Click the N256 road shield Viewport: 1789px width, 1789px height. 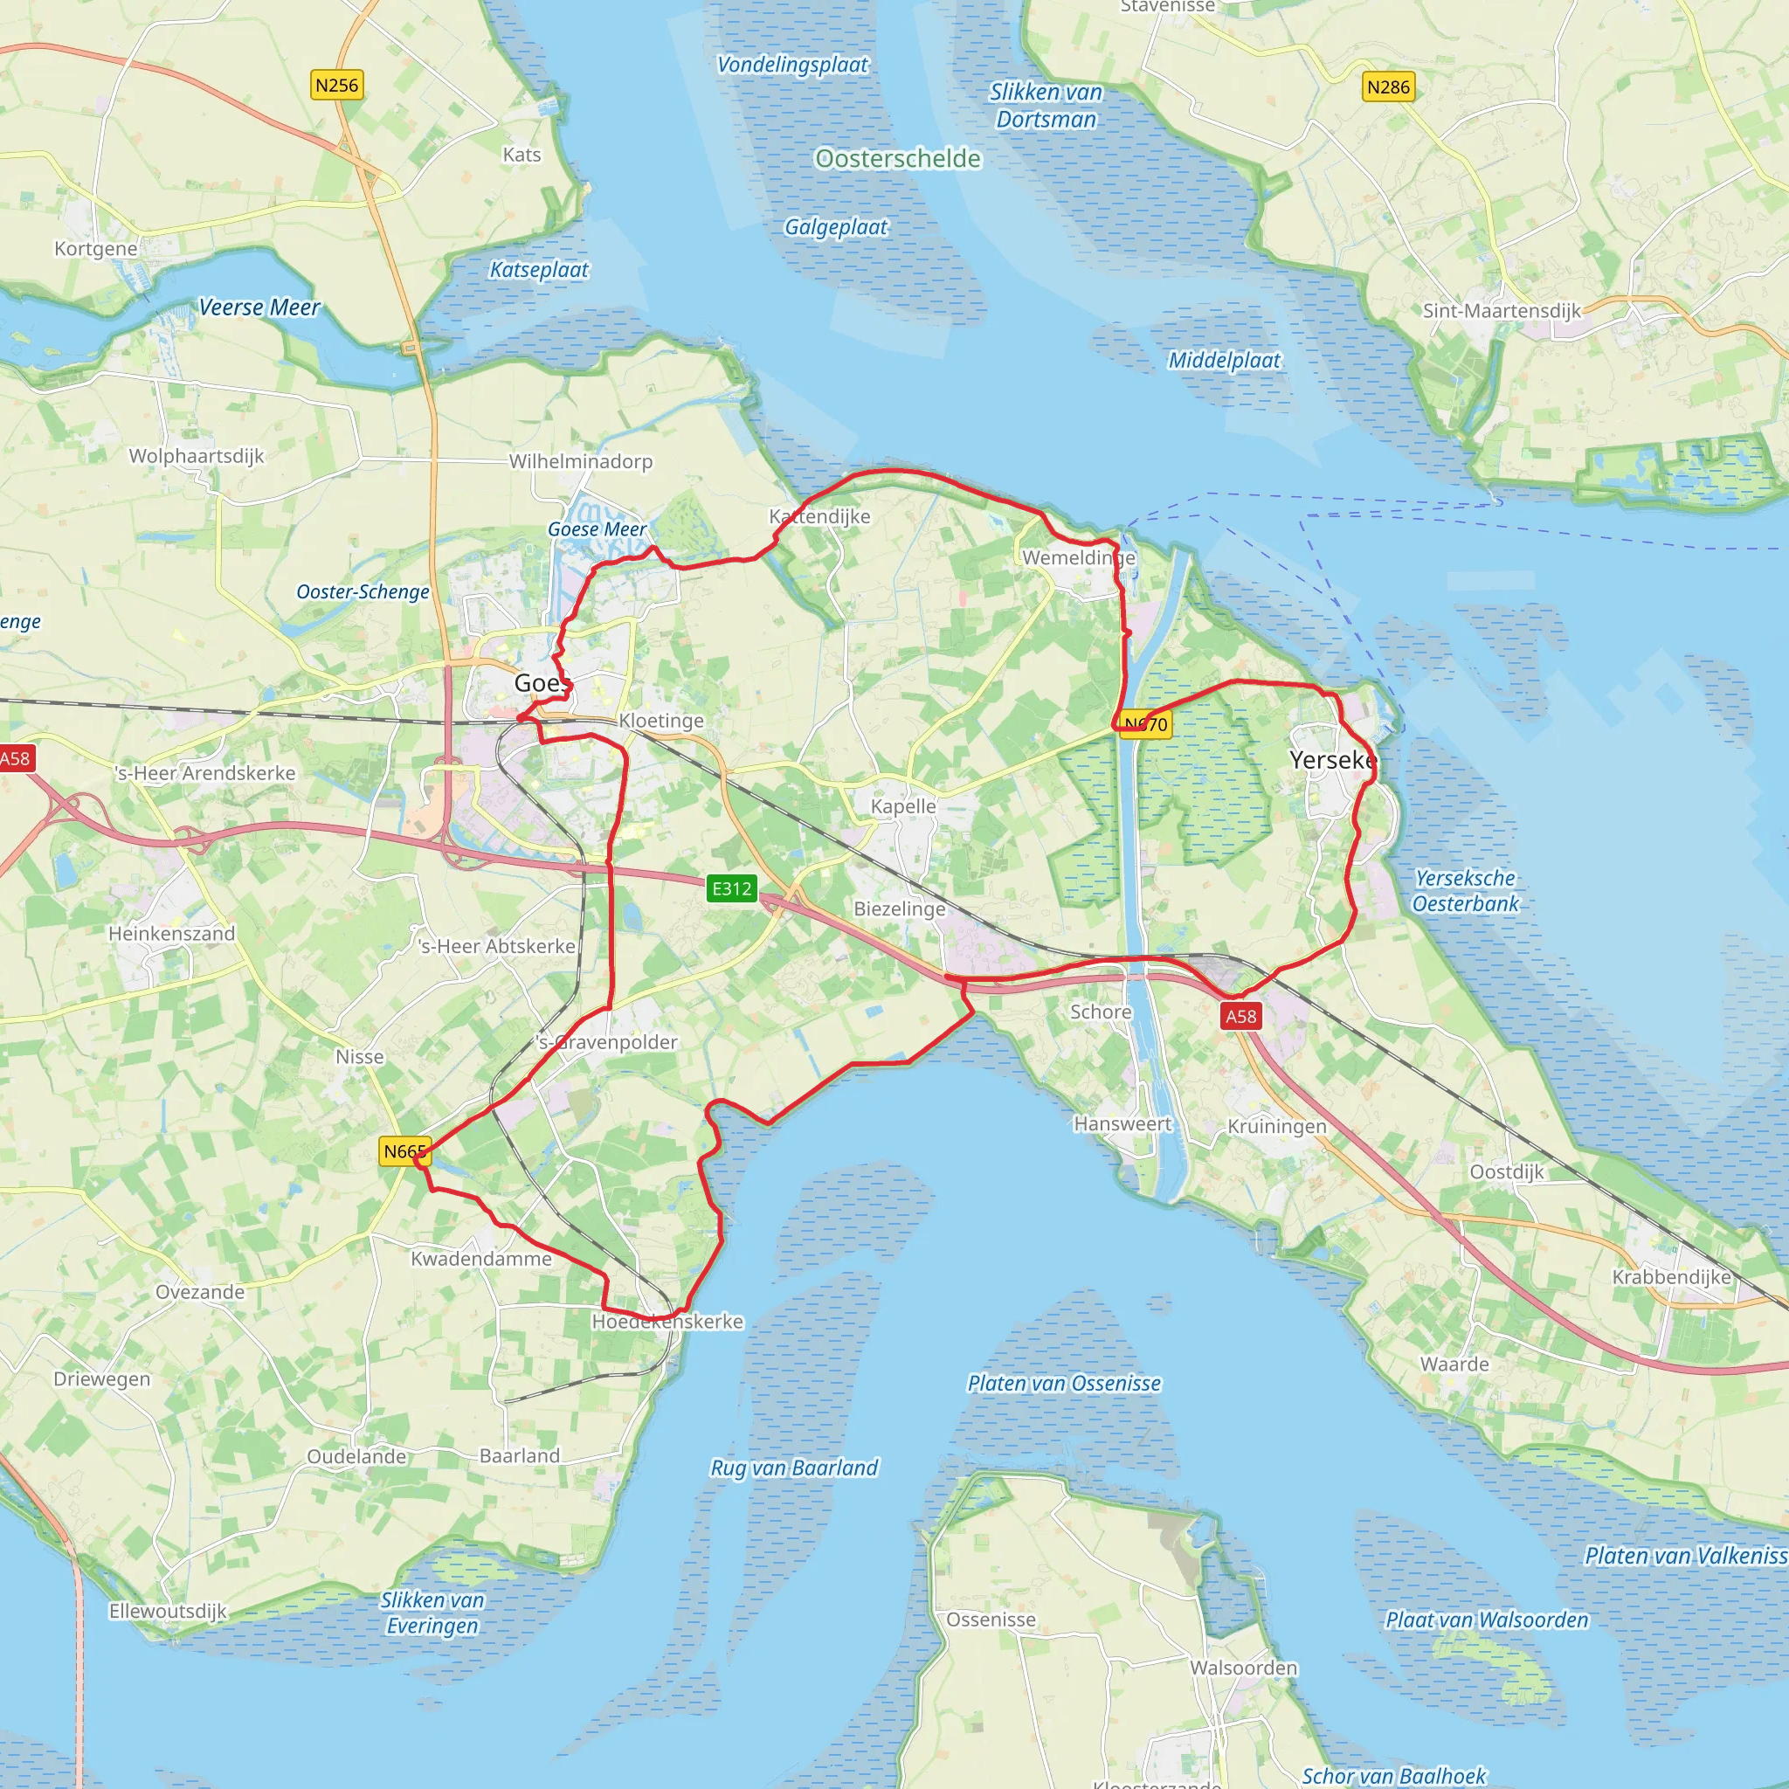tap(336, 86)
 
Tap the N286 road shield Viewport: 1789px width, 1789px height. tap(1388, 87)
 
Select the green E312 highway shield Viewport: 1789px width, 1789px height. tap(731, 889)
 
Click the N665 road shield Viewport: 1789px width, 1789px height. tap(404, 1151)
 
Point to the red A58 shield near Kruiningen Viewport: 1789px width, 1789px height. tap(1240, 1016)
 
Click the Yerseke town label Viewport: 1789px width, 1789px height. tap(1332, 760)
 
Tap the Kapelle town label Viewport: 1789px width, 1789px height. tap(903, 806)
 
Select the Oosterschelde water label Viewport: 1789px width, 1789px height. tap(897, 159)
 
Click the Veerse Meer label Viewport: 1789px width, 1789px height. tap(259, 307)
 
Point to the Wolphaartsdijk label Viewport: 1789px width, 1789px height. tap(197, 456)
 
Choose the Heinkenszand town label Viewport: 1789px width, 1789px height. tap(171, 934)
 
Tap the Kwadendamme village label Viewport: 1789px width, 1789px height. tap(480, 1259)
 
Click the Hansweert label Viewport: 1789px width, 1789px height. tap(1122, 1123)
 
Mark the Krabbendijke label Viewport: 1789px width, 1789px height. tap(1671, 1277)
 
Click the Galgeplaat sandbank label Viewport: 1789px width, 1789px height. tap(835, 228)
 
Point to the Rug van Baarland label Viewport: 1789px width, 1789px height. tap(793, 1468)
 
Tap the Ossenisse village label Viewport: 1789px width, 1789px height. tap(991, 1620)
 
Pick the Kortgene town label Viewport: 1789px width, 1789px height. tap(95, 248)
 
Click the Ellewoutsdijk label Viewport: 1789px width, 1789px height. tap(168, 1611)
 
